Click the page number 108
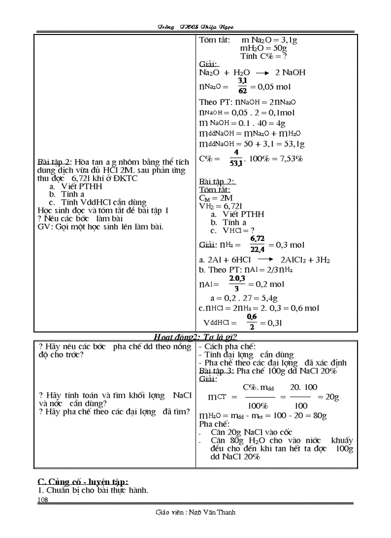pos(43,500)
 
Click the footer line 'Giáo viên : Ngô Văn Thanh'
pos(195,512)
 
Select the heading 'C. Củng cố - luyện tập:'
pos(83,481)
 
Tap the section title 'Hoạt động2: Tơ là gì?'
pos(196,337)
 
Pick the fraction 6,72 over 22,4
pos(257,244)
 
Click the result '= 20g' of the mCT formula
pos(328,397)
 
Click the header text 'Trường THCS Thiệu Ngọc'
pos(195,27)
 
